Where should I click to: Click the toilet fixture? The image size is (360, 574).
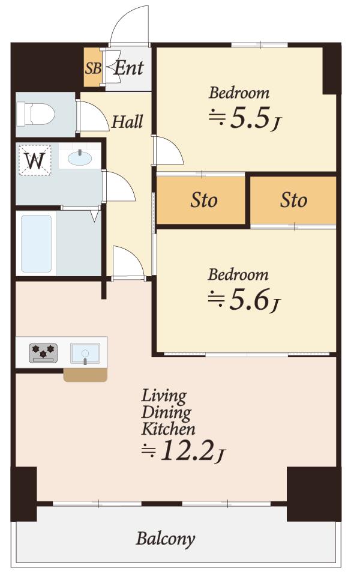coord(35,113)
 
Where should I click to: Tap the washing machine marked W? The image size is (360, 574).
coord(35,160)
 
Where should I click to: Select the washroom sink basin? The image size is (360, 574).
coord(79,159)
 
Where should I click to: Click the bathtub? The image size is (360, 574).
coord(36,243)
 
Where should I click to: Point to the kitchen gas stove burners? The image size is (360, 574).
coord(43,353)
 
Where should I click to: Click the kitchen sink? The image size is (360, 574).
coord(85,354)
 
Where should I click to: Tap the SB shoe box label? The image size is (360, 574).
coord(93,68)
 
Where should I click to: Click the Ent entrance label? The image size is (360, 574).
coord(128,68)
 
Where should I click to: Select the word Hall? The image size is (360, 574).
coord(127,121)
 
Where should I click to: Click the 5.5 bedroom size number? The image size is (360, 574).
coord(250,118)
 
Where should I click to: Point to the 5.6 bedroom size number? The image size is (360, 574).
coord(250,300)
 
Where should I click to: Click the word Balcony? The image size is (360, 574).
coord(166,539)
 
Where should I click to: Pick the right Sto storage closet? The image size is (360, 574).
coord(293,201)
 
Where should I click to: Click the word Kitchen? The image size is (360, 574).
coord(168,429)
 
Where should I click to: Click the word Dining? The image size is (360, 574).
coord(166,412)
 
